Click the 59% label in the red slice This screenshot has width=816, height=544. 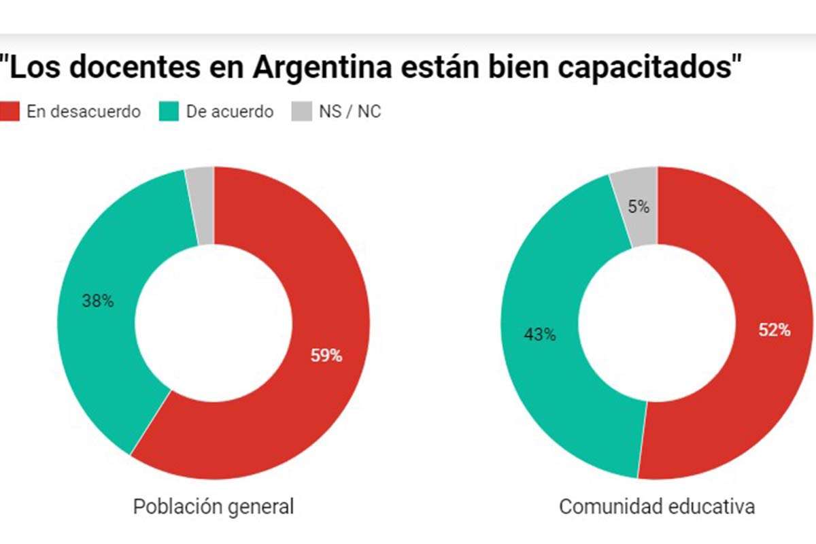326,355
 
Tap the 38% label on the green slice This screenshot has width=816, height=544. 97,301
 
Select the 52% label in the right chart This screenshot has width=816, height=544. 775,330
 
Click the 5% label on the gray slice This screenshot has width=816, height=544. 639,207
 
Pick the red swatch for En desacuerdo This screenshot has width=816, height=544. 9,112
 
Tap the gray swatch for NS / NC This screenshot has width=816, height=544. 300,112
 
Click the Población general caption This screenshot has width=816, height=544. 214,507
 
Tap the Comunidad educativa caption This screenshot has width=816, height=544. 657,507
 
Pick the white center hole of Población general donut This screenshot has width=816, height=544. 214,323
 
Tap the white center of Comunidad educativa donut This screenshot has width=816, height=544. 657,323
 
